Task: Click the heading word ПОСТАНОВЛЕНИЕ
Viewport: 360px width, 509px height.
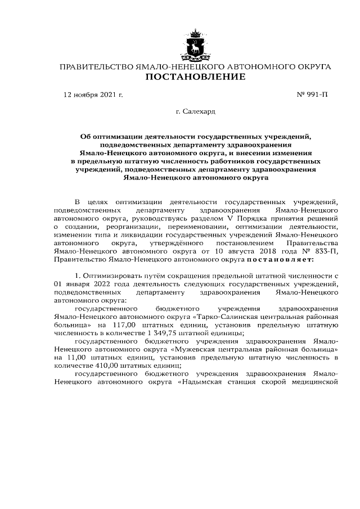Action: tap(195, 77)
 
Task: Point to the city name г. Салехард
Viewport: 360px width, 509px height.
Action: tap(195, 112)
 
